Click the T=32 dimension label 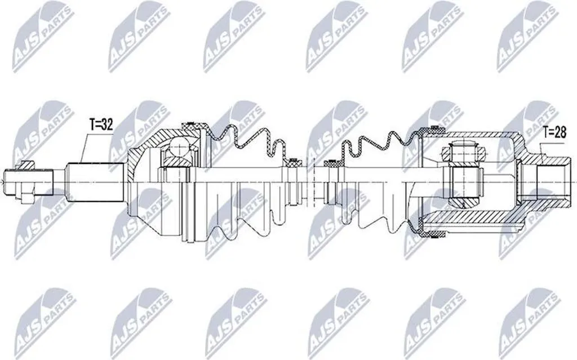coord(101,125)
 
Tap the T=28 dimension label coord(554,131)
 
